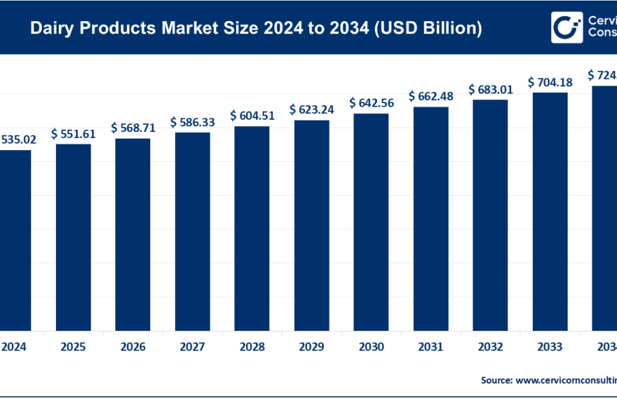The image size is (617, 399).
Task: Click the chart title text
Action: pos(256,28)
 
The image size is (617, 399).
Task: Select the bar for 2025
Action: pos(73,236)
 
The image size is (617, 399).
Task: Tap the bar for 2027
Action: pos(192,230)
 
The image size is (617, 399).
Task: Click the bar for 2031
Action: pos(430,217)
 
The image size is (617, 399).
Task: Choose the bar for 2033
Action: pos(549,210)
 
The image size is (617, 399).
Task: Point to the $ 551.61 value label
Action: pos(73,133)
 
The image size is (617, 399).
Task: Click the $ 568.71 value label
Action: pos(133,128)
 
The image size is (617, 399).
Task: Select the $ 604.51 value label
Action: pos(252,115)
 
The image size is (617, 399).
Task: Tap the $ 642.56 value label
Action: pos(371,103)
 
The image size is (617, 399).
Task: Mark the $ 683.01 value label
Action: pos(490,89)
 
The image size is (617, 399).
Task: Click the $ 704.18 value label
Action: pos(549,82)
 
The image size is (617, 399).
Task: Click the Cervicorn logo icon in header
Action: pos(567,28)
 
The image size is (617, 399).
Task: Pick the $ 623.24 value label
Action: pos(311,110)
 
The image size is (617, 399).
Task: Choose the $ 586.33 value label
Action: pos(192,122)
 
